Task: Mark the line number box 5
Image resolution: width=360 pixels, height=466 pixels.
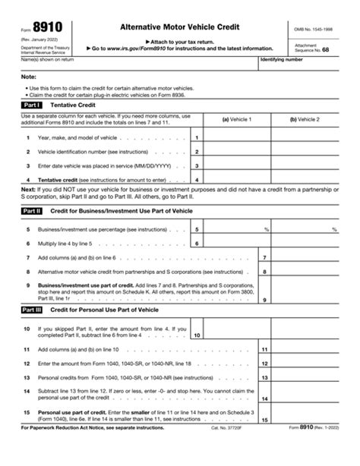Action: point(197,228)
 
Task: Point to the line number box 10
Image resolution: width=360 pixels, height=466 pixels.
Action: point(197,335)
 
